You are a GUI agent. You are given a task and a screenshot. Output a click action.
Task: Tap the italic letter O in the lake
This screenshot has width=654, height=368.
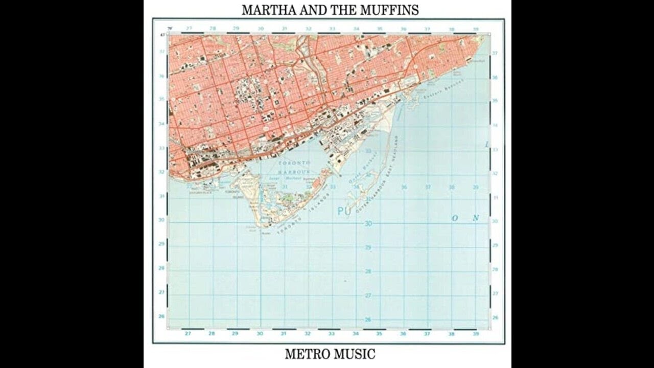454,218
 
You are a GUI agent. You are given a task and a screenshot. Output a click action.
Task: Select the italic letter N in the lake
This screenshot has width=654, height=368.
476,218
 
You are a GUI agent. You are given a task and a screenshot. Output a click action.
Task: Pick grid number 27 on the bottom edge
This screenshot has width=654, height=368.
188,334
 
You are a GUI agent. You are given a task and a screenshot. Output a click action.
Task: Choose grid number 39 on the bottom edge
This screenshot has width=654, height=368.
476,334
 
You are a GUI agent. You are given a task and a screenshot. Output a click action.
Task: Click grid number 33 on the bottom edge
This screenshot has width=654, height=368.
332,334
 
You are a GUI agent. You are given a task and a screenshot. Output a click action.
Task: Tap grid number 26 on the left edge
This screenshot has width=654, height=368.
161,316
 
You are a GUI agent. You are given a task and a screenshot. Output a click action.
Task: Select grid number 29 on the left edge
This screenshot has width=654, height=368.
161,244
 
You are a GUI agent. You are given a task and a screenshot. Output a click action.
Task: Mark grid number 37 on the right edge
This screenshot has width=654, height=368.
495,53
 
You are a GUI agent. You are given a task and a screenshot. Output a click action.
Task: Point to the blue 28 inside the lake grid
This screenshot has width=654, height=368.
368,271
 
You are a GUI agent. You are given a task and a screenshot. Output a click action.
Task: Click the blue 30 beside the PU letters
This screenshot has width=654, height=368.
368,224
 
